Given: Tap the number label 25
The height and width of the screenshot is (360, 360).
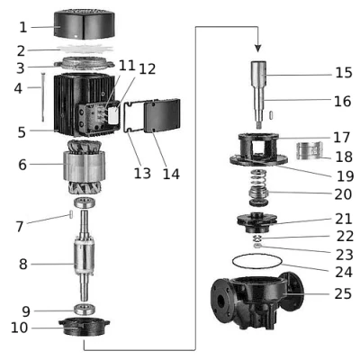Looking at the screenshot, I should (343, 293).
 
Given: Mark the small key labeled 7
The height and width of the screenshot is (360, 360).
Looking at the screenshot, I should (71, 215).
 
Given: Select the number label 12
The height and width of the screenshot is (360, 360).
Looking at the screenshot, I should (146, 69).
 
